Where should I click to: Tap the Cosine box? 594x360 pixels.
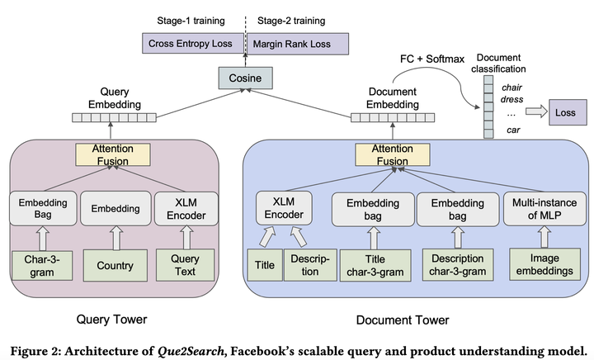[x=245, y=79]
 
